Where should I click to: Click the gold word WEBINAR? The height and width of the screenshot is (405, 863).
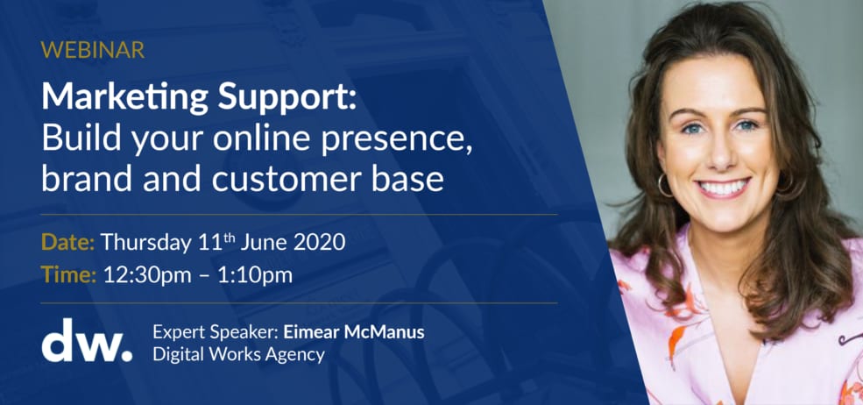[93, 50]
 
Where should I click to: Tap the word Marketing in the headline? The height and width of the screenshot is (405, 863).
[125, 97]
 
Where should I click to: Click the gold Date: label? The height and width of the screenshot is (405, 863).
[68, 243]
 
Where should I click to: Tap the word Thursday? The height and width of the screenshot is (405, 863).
[145, 244]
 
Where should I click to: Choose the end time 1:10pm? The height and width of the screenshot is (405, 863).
[254, 276]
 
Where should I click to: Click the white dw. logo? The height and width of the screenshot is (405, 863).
[87, 340]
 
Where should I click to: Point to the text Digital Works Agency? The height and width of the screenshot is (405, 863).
[238, 355]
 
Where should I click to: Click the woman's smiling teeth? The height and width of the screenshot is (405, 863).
[723, 188]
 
